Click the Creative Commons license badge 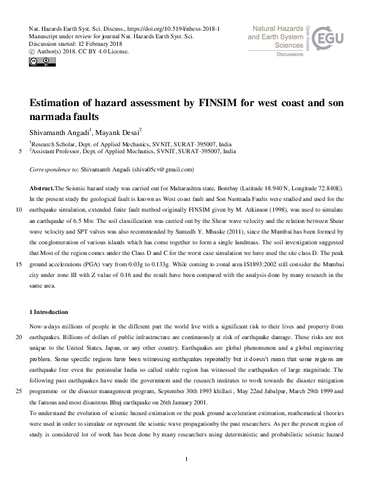pyautogui.click(x=39, y=62)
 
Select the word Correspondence pyautogui.click(x=50, y=170)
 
